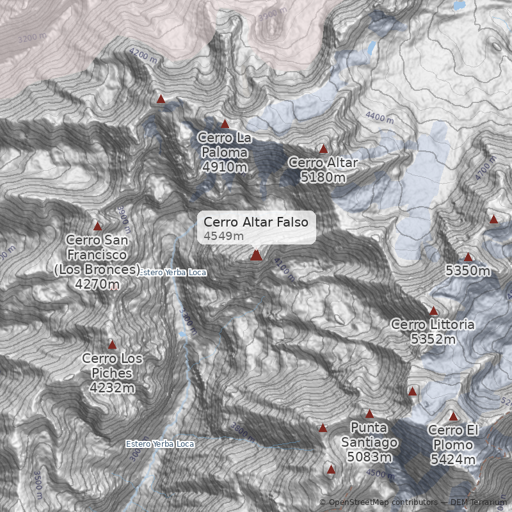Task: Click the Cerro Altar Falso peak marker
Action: coord(256,255)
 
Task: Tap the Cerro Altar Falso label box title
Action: coord(256,222)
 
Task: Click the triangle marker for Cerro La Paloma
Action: coord(225,124)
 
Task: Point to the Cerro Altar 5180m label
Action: coord(323,170)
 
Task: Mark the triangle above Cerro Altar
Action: coord(323,148)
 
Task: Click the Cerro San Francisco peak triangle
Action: coord(98,226)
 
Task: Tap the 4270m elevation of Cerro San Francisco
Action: coord(97,284)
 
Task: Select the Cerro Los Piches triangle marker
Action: coord(113,345)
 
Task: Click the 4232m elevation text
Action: coord(112,387)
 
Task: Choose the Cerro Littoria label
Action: coord(433,332)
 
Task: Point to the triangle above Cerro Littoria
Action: coord(433,311)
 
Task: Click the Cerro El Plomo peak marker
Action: coord(453,417)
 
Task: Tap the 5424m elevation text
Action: coord(452,460)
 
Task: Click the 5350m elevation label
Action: coord(468,271)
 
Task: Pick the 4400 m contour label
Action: coord(379,117)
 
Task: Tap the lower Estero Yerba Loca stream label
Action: coord(159,444)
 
